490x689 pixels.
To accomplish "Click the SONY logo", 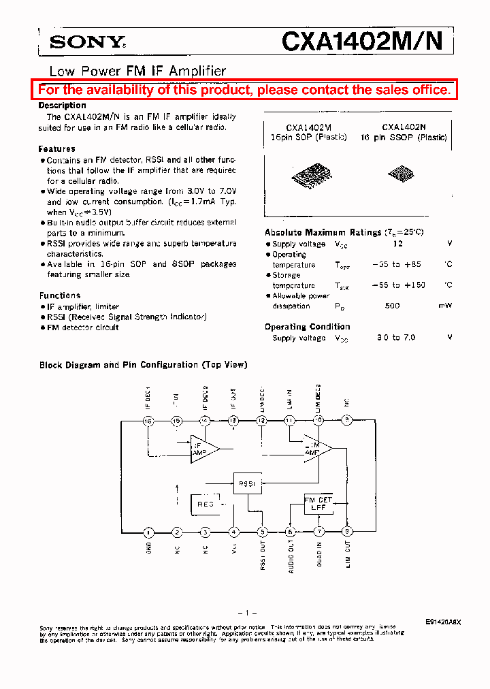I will pos(87,42).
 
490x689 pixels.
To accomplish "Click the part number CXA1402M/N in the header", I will pos(363,42).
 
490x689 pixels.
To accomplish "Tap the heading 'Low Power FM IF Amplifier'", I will pos(137,71).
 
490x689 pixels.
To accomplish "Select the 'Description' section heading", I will pos(62,106).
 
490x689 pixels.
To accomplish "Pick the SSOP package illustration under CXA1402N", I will pos(400,174).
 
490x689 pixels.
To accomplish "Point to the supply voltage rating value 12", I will pos(398,244).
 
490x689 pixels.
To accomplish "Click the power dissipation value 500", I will pos(392,306).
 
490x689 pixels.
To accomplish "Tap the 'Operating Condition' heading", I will pos(307,327).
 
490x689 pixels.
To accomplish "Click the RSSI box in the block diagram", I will pos(247,484).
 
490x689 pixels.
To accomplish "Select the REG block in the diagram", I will pos(206,504).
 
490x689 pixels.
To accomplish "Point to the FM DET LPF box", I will pos(318,504).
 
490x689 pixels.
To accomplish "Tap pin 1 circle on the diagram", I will pos(148,532).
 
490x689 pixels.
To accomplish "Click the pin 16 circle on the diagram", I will pos(148,421).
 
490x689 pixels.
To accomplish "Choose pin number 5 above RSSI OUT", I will pos(263,532).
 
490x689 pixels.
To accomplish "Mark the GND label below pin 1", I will pos(148,547).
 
